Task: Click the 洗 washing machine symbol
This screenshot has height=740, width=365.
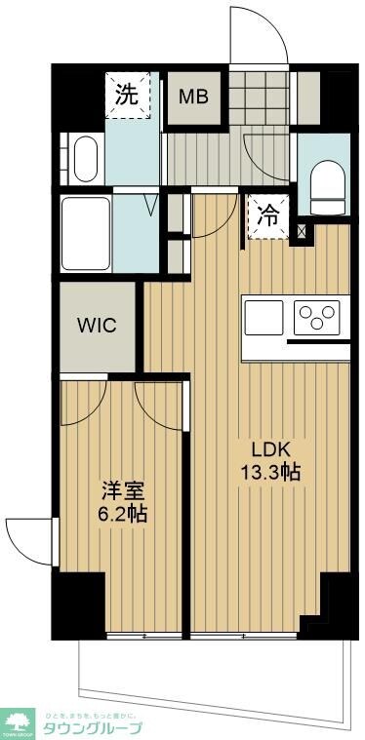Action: [x=129, y=96]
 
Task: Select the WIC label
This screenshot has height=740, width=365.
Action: [x=98, y=324]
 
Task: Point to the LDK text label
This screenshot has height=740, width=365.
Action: [x=271, y=450]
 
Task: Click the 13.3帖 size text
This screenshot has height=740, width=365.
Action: [x=271, y=473]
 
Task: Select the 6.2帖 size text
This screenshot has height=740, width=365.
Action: [x=121, y=513]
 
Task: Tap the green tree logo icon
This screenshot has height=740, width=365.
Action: [x=19, y=722]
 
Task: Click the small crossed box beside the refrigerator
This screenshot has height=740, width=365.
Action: [x=301, y=232]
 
